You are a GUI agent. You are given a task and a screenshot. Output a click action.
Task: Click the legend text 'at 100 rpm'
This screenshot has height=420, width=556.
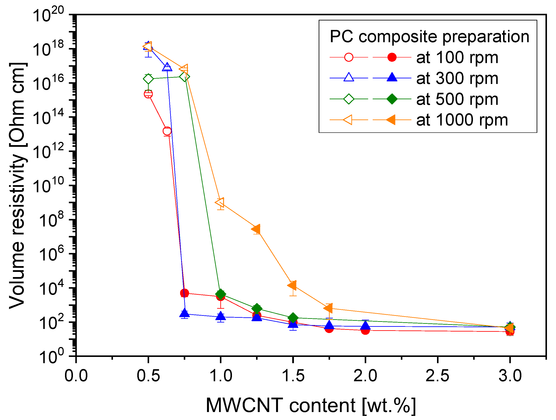(457, 58)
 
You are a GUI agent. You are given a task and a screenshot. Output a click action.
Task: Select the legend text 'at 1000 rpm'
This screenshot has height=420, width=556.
(462, 120)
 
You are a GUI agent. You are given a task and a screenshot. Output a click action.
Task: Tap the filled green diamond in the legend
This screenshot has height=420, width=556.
(392, 99)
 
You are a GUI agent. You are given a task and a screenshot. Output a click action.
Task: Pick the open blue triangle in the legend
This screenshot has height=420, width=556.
(349, 77)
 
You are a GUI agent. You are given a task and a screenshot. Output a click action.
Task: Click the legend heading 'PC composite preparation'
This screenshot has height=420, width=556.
(429, 37)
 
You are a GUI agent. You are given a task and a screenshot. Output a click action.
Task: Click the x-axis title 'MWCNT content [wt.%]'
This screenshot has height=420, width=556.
(311, 405)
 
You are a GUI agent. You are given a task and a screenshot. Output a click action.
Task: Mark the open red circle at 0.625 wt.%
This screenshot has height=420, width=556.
(167, 131)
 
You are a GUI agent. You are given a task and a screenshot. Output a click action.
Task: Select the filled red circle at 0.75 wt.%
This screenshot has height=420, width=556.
(184, 293)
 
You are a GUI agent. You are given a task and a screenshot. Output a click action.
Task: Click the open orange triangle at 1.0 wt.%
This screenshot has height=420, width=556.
(220, 202)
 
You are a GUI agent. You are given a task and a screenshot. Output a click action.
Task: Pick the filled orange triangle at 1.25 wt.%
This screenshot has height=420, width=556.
(256, 229)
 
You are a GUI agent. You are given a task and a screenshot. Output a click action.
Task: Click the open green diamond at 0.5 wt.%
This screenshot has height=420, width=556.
(148, 79)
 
